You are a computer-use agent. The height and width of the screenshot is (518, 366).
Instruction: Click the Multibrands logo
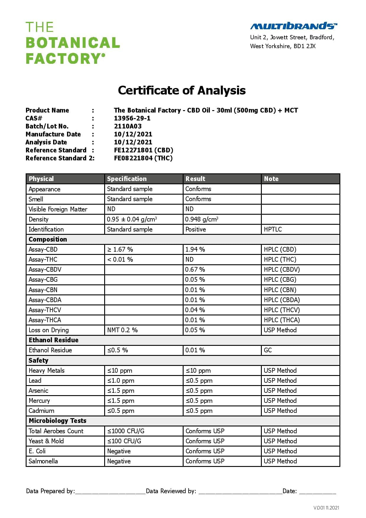click(x=293, y=26)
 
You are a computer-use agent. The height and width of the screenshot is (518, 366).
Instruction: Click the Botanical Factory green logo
click(x=73, y=43)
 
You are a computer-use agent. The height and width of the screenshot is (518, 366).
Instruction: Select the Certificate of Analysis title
click(x=182, y=90)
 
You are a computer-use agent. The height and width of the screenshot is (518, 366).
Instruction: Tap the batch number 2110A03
click(x=128, y=126)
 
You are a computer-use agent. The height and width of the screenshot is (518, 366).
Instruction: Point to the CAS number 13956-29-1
click(x=132, y=118)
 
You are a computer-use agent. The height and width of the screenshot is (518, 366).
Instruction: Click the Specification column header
click(x=127, y=179)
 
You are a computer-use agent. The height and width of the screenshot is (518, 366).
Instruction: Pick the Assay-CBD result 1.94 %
click(x=195, y=249)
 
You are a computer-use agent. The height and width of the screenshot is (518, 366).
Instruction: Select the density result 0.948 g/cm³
click(x=202, y=219)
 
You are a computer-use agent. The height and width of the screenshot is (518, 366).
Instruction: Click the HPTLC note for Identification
click(x=273, y=229)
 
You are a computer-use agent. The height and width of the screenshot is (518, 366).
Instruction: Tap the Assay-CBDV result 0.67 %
click(x=195, y=269)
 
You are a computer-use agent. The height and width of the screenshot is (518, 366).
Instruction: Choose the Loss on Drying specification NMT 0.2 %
click(x=122, y=330)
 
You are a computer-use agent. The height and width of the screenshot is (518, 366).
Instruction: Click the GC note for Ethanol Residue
click(x=268, y=350)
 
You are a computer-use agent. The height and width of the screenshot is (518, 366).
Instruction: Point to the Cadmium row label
click(x=41, y=411)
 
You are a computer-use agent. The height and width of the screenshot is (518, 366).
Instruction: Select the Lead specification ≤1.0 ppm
click(x=121, y=380)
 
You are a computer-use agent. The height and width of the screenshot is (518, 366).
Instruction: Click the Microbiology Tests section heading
click(x=58, y=421)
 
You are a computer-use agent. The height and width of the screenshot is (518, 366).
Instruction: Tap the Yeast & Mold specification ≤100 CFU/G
click(x=124, y=441)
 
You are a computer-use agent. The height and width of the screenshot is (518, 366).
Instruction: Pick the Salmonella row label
click(x=43, y=461)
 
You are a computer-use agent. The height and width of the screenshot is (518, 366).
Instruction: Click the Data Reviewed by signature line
click(x=240, y=491)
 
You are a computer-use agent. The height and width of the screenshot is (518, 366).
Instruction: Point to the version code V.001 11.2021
click(x=326, y=508)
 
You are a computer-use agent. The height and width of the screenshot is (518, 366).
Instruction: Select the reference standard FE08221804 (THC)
click(x=143, y=158)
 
